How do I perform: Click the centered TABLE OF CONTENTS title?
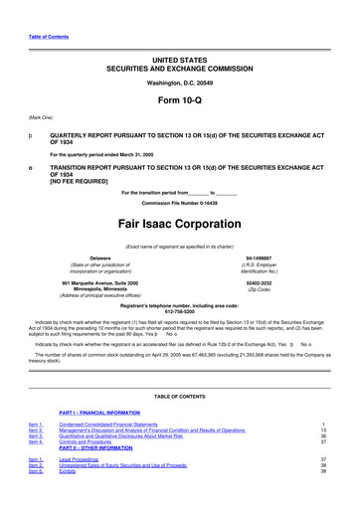[x=181, y=396]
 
